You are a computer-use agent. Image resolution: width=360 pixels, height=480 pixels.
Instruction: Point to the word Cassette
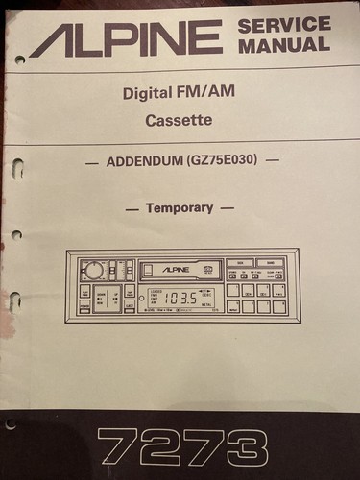pyautogui.click(x=180, y=122)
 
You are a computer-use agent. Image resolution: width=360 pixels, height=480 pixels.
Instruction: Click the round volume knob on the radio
pyautogui.click(x=94, y=272)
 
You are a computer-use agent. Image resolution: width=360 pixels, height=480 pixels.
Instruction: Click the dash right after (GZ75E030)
pyautogui.click(x=273, y=163)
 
